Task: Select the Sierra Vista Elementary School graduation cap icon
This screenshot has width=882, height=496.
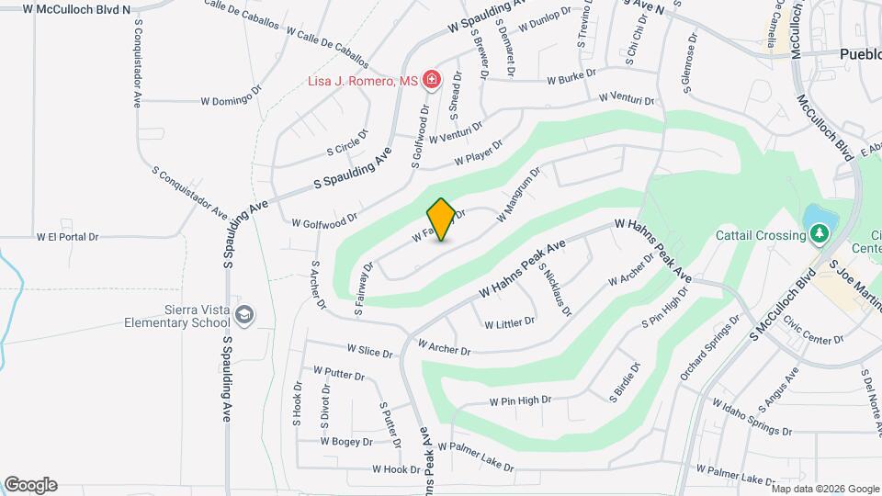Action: tap(244, 315)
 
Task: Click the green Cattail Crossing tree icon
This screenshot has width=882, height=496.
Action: tap(819, 234)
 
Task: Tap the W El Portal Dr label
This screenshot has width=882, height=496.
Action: tap(67, 236)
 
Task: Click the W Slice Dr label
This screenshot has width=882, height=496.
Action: tap(369, 352)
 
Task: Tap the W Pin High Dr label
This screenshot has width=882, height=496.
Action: tap(520, 400)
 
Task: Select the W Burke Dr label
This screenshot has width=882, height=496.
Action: tap(571, 76)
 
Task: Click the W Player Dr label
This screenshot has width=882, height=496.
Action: tap(480, 153)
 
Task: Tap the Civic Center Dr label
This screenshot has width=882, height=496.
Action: tap(813, 332)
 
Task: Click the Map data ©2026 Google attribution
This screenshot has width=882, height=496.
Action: tap(825, 488)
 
